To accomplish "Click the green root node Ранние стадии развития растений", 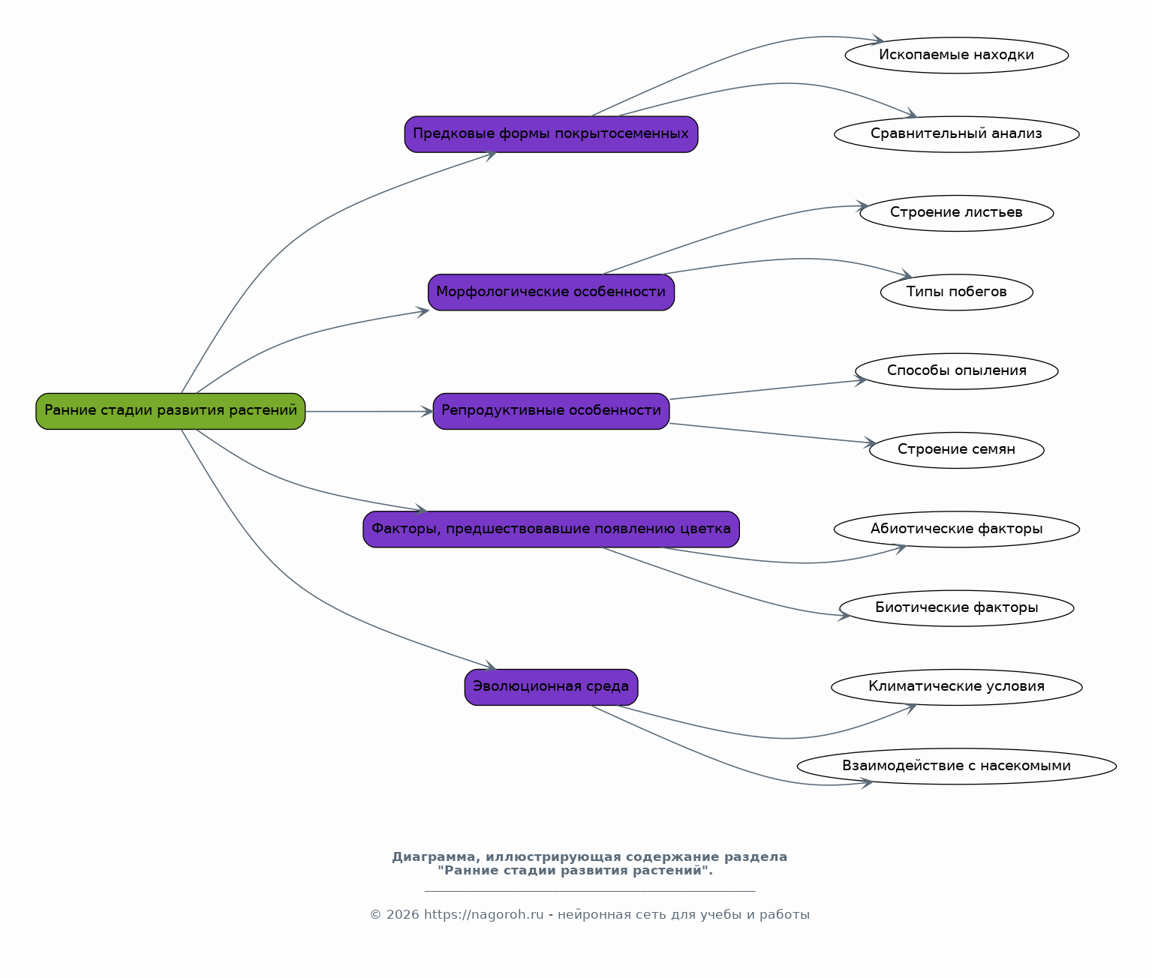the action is [x=170, y=412].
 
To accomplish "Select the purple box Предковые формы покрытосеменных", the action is [x=551, y=134].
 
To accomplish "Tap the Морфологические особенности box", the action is [x=551, y=292].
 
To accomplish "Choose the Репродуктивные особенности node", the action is [x=551, y=412].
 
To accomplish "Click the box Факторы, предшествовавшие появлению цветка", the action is [x=551, y=529].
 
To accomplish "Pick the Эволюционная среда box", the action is [x=551, y=687].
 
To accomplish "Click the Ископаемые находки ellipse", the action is [x=957, y=55].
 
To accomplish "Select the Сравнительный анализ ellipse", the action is [x=957, y=134].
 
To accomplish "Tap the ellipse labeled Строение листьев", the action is [x=957, y=213].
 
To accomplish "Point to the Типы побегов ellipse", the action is [x=957, y=292].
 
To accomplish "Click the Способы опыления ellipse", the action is [x=957, y=371].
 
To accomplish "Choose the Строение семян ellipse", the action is [x=957, y=451].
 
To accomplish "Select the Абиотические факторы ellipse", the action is [x=957, y=529].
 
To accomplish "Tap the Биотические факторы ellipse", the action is [x=957, y=609].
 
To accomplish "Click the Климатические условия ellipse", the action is [x=957, y=687].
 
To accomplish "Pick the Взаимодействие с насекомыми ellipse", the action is [x=957, y=766].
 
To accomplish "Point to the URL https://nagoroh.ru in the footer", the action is [x=484, y=915].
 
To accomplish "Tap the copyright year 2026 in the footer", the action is [x=403, y=915].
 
